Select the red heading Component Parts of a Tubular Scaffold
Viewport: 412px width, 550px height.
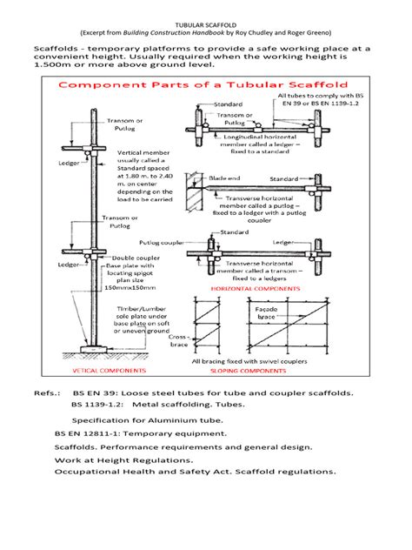[x=204, y=86]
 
